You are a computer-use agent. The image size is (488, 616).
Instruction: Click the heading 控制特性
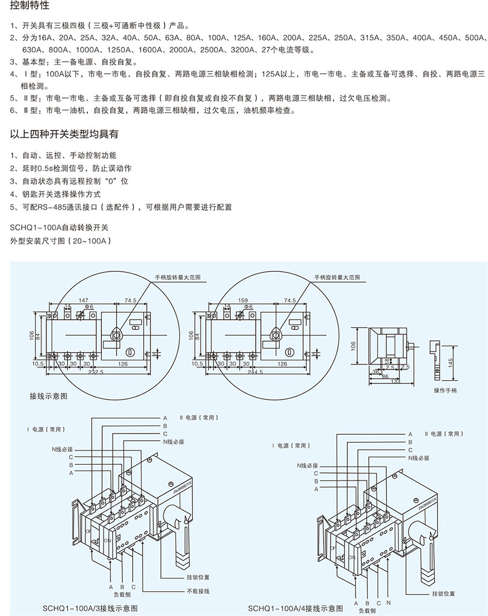tap(30, 6)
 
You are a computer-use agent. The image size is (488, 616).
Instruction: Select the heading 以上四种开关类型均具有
tap(64, 134)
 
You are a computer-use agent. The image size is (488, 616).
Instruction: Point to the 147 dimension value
tap(83, 301)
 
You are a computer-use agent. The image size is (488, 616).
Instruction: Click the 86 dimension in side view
tap(385, 377)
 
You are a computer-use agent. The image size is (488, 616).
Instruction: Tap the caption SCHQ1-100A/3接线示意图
tap(90, 608)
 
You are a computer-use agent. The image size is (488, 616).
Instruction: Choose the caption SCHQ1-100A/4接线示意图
tap(295, 608)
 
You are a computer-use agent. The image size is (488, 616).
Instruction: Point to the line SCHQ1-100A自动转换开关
tap(59, 229)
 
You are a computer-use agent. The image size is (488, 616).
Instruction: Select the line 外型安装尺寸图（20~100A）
tap(61, 241)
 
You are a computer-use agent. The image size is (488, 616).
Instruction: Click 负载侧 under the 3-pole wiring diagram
tap(122, 594)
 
